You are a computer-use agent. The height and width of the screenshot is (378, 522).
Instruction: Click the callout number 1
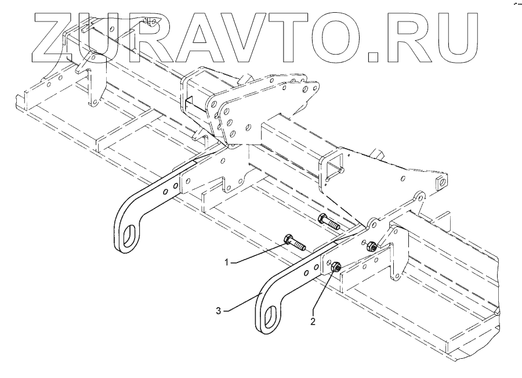(x=229, y=262)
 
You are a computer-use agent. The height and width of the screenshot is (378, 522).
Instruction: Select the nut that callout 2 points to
(x=335, y=267)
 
